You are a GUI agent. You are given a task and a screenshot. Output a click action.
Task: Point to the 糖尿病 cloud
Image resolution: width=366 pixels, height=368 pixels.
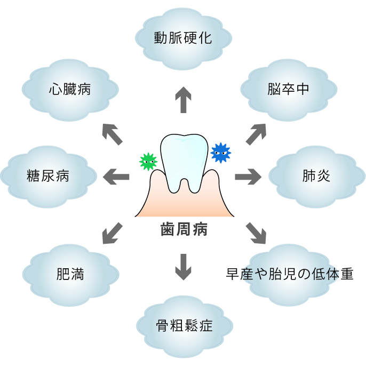click(48, 175)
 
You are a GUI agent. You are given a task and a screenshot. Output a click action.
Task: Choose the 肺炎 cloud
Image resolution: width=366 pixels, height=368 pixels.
click(315, 175)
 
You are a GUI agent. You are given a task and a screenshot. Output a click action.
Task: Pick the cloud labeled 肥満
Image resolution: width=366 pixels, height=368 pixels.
click(70, 274)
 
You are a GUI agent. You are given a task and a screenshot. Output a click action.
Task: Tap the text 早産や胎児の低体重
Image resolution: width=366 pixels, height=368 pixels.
click(290, 274)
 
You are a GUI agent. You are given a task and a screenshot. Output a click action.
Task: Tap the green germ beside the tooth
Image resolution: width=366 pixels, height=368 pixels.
click(148, 161)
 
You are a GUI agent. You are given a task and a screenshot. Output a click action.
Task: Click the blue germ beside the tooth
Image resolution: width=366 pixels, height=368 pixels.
click(220, 153)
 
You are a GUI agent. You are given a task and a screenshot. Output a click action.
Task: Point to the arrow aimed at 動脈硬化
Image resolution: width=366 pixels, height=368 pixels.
click(183, 100)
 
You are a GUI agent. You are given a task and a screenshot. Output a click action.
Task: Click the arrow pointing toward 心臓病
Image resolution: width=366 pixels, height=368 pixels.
click(112, 134)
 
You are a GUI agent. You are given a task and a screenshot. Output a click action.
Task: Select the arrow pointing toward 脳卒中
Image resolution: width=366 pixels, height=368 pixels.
click(256, 134)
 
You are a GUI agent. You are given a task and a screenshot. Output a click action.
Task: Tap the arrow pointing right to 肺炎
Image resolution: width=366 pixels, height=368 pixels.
click(248, 175)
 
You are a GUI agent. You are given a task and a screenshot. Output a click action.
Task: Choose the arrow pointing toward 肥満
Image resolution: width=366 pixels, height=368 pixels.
click(112, 233)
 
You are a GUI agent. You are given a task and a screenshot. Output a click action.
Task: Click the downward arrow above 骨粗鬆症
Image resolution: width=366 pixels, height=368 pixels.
click(183, 266)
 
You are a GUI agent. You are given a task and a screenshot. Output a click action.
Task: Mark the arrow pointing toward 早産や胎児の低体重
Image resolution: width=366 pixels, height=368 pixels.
click(256, 232)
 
